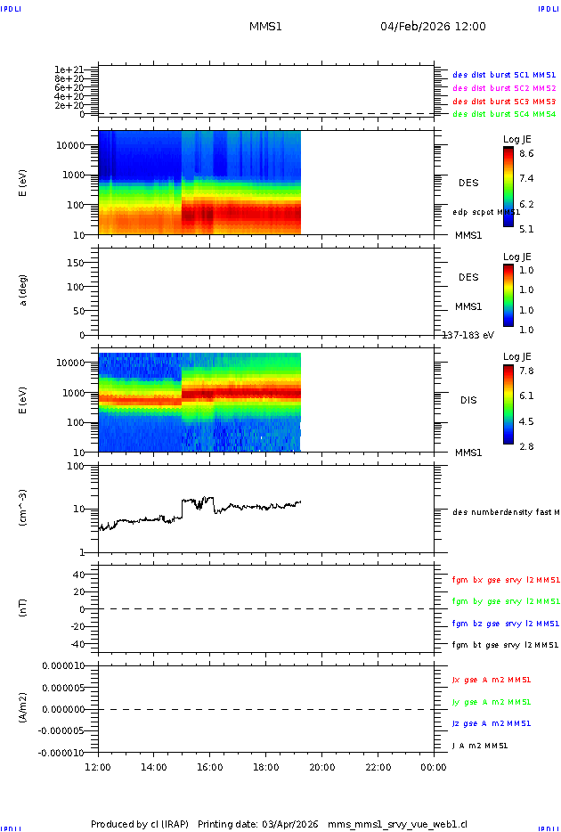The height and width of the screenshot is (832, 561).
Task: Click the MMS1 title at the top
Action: click(x=265, y=27)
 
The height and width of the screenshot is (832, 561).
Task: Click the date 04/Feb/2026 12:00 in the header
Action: click(x=433, y=27)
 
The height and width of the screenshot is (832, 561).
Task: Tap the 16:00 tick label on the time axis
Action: click(x=209, y=767)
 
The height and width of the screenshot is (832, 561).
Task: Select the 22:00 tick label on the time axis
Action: click(x=378, y=767)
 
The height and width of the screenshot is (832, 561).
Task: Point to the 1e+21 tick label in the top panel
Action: click(x=69, y=69)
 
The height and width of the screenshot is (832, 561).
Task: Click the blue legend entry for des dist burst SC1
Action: click(x=504, y=76)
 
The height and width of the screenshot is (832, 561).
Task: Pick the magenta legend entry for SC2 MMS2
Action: click(x=504, y=88)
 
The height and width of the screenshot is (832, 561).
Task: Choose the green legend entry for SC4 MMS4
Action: click(x=504, y=114)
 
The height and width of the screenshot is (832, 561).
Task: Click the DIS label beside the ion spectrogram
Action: click(x=468, y=400)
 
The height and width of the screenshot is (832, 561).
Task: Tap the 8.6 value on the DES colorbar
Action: click(x=526, y=154)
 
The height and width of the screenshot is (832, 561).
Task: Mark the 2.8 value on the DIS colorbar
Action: click(x=526, y=446)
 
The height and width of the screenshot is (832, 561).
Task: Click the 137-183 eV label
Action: click(x=468, y=335)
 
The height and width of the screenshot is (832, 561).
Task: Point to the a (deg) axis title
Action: click(x=24, y=290)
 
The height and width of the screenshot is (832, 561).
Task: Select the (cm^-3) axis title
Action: click(x=24, y=508)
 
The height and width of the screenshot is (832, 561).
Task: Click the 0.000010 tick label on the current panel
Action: click(x=61, y=665)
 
